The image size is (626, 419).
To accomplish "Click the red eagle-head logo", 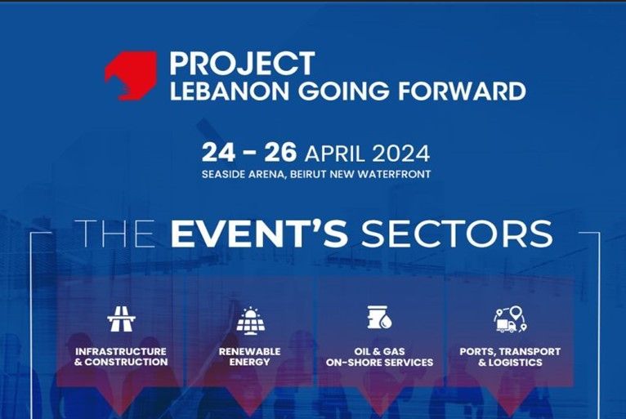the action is click(x=131, y=75).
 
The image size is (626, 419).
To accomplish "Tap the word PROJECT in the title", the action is click(x=243, y=64).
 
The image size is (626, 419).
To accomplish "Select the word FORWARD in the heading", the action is click(x=462, y=91).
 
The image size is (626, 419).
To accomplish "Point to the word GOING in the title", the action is click(x=343, y=91).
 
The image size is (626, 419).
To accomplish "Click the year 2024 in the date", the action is click(x=400, y=154).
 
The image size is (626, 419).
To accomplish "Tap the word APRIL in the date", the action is click(x=334, y=154).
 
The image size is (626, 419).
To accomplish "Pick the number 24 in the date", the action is click(x=218, y=153).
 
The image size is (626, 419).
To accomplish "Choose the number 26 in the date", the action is click(x=280, y=153).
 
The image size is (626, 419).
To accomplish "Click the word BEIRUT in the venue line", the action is click(x=309, y=175).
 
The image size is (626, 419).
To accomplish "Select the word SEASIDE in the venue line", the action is click(x=223, y=175).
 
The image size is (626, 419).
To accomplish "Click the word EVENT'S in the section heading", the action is click(x=259, y=234).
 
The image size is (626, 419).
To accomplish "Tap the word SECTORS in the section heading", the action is click(x=457, y=234).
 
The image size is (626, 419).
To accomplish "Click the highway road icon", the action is click(x=122, y=319).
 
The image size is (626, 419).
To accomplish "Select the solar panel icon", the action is click(x=250, y=320).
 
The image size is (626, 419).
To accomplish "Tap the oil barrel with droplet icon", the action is click(x=379, y=318).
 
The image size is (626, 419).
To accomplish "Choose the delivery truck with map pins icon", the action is click(x=510, y=319).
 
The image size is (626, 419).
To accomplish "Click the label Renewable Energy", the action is click(x=249, y=357).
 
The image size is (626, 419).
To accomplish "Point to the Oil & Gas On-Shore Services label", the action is click(x=379, y=357).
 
